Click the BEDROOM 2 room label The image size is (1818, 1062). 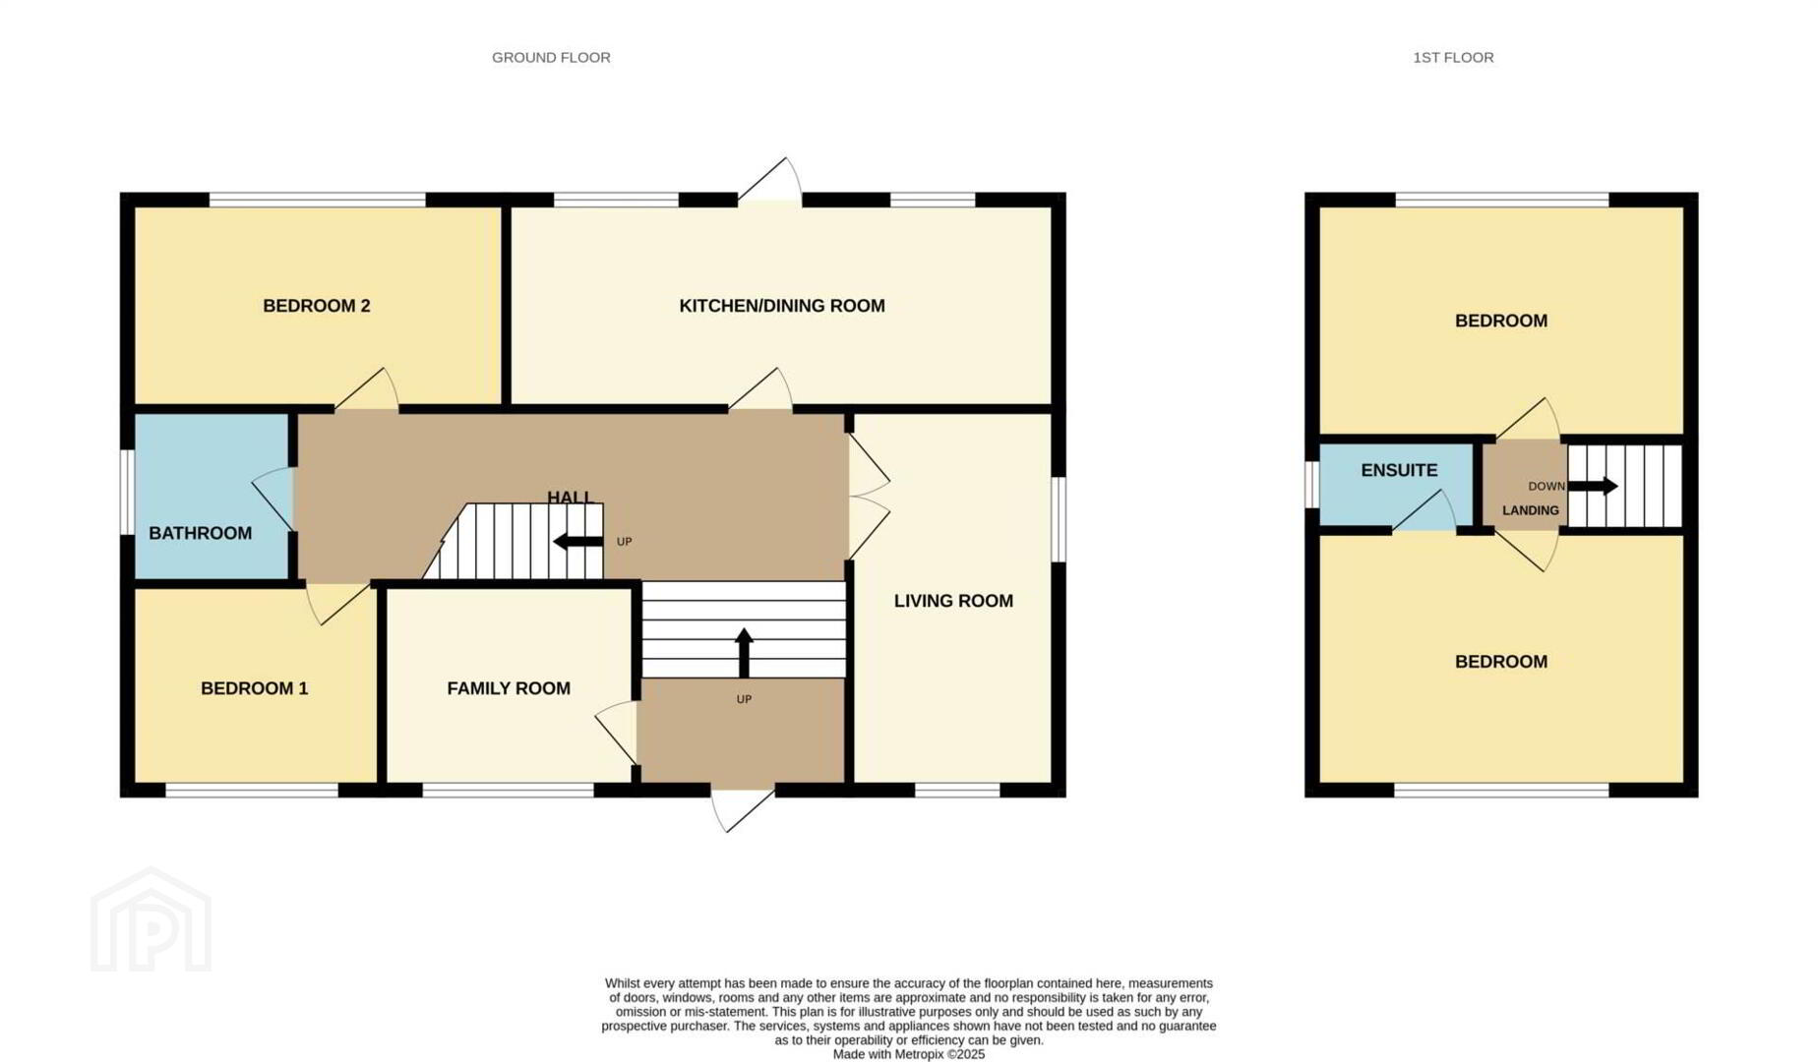(x=317, y=306)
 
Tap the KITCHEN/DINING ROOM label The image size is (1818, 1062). (x=782, y=306)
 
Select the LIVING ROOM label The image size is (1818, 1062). (x=953, y=601)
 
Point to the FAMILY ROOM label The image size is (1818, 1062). (x=509, y=688)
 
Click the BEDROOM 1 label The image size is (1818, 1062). (x=255, y=688)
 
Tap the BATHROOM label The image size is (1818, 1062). (x=201, y=533)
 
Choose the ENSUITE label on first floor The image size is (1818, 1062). (x=1399, y=470)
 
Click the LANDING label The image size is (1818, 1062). (x=1531, y=510)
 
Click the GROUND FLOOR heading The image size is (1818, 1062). (x=551, y=57)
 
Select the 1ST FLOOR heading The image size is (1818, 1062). (x=1453, y=57)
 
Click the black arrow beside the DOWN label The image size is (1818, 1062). (x=1593, y=486)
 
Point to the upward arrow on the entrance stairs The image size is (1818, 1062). (x=744, y=653)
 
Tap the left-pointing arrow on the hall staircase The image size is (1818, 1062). (x=578, y=541)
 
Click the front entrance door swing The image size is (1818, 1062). (x=743, y=809)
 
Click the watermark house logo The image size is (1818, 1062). (x=151, y=919)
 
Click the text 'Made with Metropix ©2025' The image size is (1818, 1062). (x=909, y=1054)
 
